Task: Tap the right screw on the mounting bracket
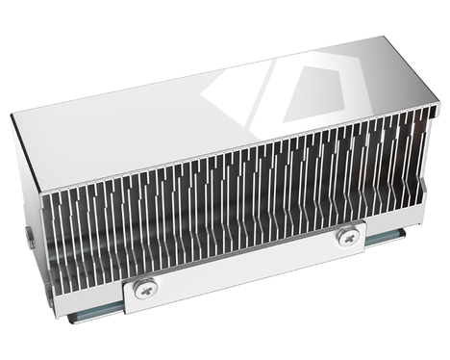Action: (x=347, y=235)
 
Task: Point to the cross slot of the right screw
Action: (x=347, y=235)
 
